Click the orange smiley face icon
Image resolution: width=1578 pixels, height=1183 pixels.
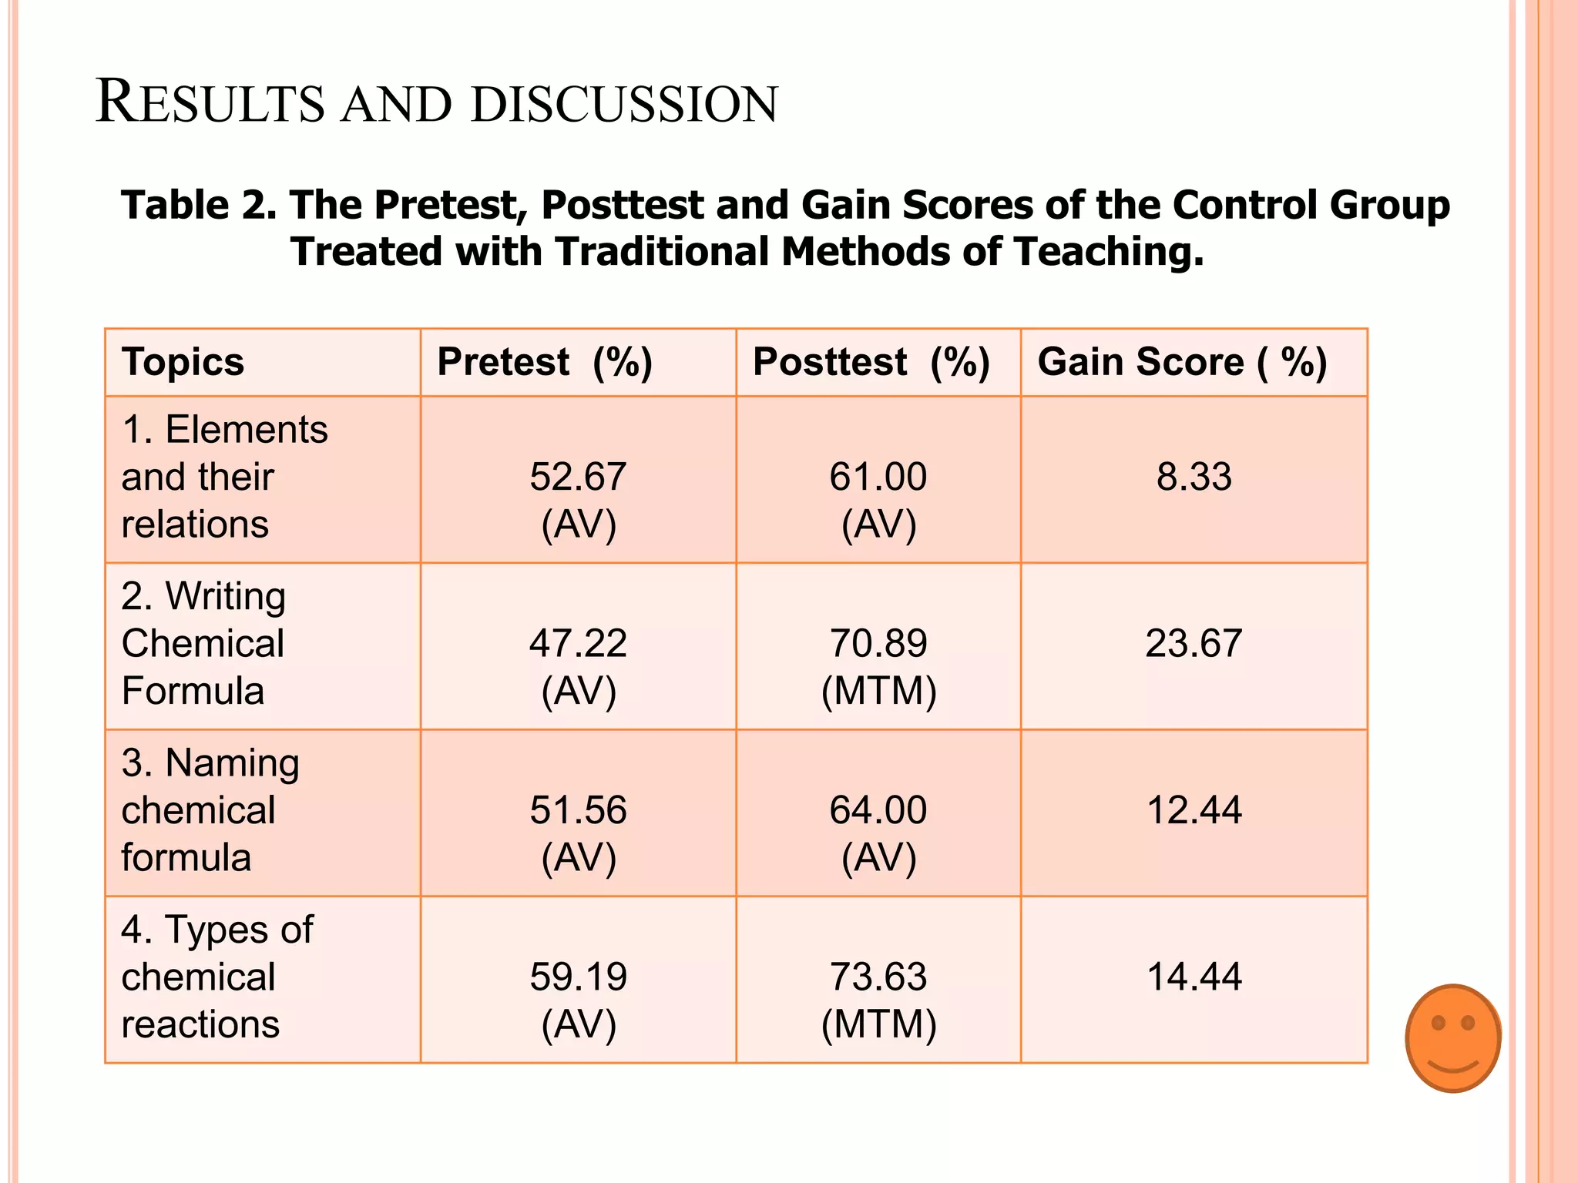1452,1037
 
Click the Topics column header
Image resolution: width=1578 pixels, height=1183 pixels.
183,362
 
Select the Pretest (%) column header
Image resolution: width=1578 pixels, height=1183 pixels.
545,362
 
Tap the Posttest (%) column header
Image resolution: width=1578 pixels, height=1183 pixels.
871,362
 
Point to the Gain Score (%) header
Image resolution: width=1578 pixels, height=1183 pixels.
1182,362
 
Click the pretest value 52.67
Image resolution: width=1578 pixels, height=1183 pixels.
578,477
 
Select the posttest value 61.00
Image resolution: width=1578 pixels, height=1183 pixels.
878,477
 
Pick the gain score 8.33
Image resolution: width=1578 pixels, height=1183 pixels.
1194,477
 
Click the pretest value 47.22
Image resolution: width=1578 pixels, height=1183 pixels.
578,643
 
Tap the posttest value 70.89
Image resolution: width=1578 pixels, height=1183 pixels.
878,643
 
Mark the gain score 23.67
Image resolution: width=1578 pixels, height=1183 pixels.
1194,643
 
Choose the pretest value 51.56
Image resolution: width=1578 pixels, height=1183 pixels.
578,810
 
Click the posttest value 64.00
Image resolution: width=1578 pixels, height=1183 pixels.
878,810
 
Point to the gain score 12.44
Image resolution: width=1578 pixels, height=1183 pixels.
1194,810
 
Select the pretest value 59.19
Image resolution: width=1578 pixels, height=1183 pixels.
578,977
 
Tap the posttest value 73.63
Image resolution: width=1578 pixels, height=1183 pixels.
878,977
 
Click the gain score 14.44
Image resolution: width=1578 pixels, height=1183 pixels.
1194,977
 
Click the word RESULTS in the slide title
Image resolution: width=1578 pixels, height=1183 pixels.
210,102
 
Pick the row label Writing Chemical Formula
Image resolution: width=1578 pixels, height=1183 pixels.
203,643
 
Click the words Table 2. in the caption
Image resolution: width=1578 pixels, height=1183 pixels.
198,206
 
